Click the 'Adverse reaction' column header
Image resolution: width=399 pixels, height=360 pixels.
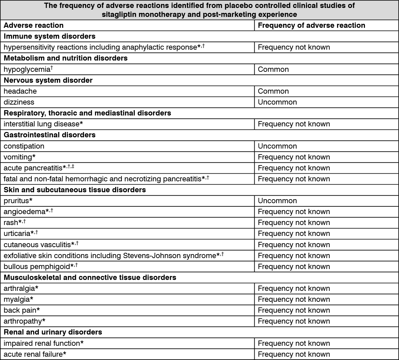pos(33,25)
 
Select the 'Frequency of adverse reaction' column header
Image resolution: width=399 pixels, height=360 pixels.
pos(311,25)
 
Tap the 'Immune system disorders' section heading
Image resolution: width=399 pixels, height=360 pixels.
pos(49,36)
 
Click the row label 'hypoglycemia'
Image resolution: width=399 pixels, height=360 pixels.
pos(26,69)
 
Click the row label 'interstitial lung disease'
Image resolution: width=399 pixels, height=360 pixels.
pos(41,124)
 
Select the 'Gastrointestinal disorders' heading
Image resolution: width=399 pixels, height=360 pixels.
pos(49,135)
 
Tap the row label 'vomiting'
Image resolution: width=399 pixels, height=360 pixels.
pos(18,157)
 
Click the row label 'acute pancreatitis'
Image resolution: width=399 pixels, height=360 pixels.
pos(33,168)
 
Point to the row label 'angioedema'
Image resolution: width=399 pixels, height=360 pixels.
pos(25,212)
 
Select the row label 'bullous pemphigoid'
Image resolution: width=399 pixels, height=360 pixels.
pos(36,267)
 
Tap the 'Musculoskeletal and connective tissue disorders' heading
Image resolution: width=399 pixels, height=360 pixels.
pos(90,278)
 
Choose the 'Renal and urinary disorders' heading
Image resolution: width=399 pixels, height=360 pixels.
pos(53,332)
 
